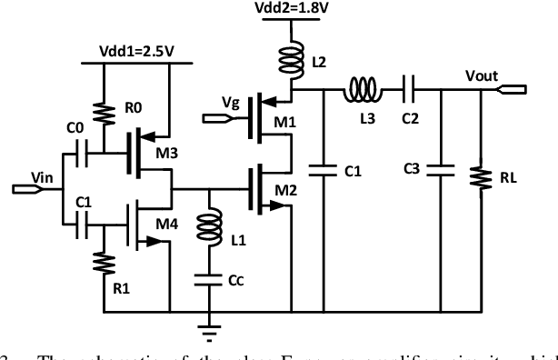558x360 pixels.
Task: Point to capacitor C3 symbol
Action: coord(441,169)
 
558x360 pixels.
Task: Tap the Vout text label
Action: coord(480,76)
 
